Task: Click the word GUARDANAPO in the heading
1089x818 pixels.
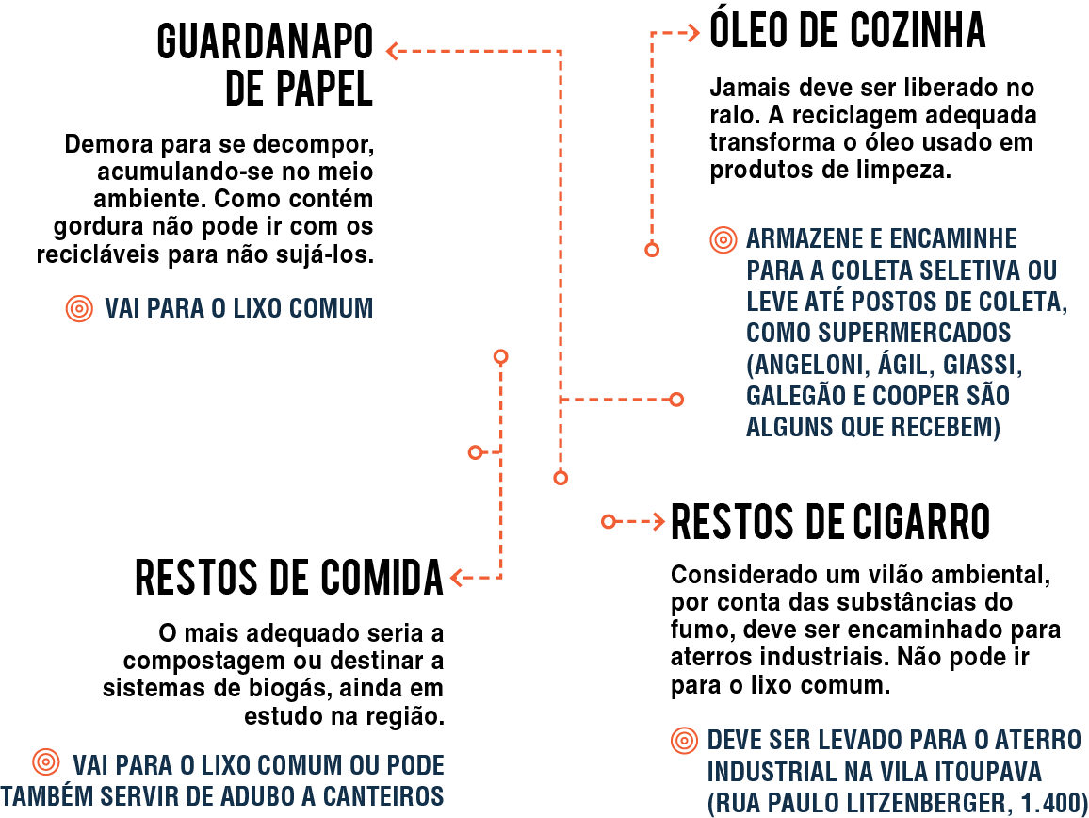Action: click(x=265, y=42)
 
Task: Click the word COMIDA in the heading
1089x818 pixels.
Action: click(x=382, y=577)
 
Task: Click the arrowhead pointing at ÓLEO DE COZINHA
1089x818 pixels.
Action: click(x=693, y=33)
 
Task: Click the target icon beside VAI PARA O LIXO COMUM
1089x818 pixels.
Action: click(x=80, y=308)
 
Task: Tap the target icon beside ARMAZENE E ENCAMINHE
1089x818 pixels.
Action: click(x=723, y=239)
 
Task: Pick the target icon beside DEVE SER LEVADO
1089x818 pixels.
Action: click(x=685, y=741)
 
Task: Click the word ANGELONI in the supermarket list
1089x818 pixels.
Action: click(x=807, y=364)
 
